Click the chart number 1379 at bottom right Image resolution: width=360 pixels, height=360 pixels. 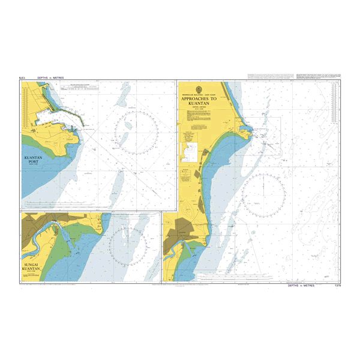pos(336,286)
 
